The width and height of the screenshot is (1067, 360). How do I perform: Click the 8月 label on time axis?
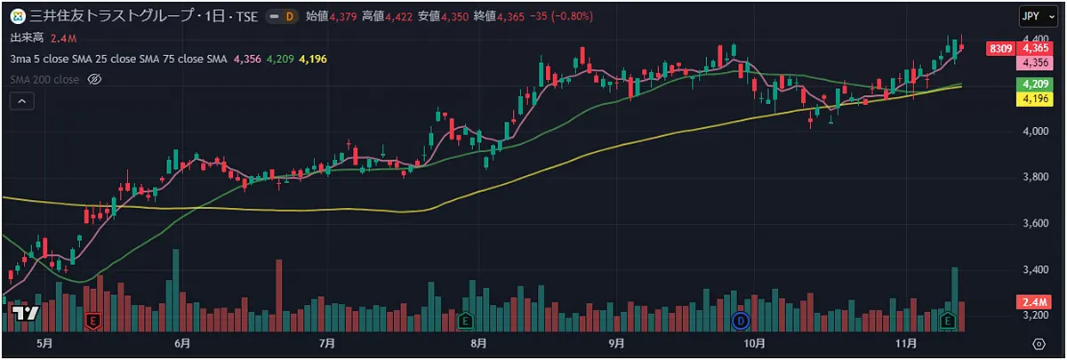click(x=478, y=343)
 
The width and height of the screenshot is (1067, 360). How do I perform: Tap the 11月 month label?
click(x=906, y=343)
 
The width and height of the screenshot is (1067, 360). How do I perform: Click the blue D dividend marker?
click(x=741, y=319)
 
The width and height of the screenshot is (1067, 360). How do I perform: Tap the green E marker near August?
click(x=463, y=319)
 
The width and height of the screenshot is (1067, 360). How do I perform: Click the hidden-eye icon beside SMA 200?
click(x=94, y=80)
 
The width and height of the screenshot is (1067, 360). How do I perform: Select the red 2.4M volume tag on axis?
click(x=1032, y=303)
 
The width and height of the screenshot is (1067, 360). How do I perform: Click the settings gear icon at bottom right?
click(x=1039, y=343)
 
